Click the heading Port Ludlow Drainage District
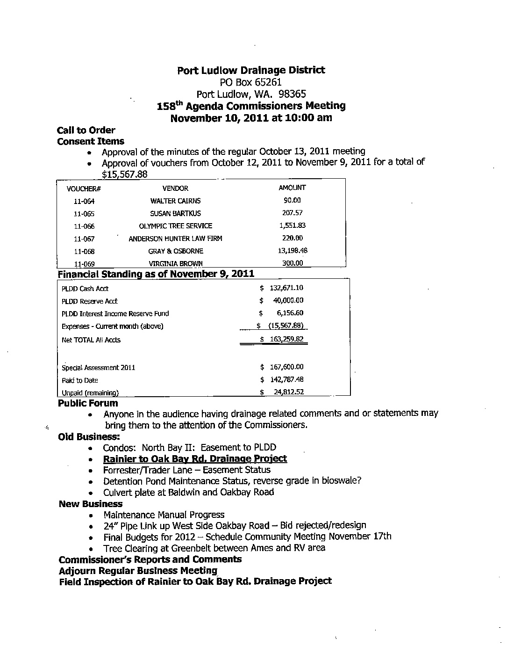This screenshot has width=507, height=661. pos(251,71)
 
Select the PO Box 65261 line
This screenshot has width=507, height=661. pos(251,82)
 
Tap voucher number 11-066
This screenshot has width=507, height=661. pos(84,226)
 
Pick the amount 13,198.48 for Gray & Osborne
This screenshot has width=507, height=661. pos(293,251)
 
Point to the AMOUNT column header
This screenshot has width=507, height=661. pos(292,188)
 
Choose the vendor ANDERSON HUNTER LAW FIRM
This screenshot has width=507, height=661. pos(175,239)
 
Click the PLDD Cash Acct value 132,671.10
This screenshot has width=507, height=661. pos(286,288)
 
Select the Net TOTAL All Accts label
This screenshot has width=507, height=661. pos(91,340)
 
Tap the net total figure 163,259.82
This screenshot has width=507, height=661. pos(286,339)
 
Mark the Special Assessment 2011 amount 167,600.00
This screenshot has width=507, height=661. pos(286,367)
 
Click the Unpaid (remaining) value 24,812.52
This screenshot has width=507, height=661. pos(288,392)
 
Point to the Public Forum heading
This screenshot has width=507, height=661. pos(88,403)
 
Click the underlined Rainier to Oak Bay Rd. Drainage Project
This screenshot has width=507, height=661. pos(195,459)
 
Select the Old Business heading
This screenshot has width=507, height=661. pos(89,437)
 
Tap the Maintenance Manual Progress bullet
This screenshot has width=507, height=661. pos(164,515)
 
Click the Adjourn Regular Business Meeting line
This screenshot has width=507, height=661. pos(138,571)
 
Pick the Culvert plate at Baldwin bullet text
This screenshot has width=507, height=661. pos(188,492)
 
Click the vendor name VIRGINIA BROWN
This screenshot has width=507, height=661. pos(175,263)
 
